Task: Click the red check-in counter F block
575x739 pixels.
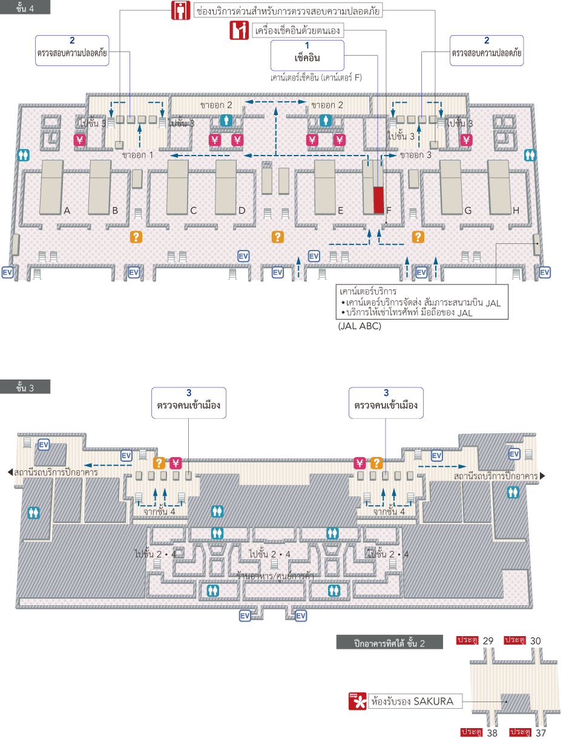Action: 378,200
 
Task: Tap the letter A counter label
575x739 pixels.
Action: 67,211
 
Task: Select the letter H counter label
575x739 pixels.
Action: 516,211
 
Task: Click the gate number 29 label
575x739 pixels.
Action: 488,640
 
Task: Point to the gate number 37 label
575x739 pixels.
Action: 540,732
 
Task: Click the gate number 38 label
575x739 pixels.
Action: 492,732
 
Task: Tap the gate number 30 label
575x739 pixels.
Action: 536,640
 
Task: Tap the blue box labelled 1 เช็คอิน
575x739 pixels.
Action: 307,55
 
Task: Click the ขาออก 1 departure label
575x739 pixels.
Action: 137,154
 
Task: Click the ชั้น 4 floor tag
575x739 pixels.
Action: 25,7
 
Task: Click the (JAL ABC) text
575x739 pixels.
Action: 360,326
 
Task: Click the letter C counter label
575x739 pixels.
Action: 193,211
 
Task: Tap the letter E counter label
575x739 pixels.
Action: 341,211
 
